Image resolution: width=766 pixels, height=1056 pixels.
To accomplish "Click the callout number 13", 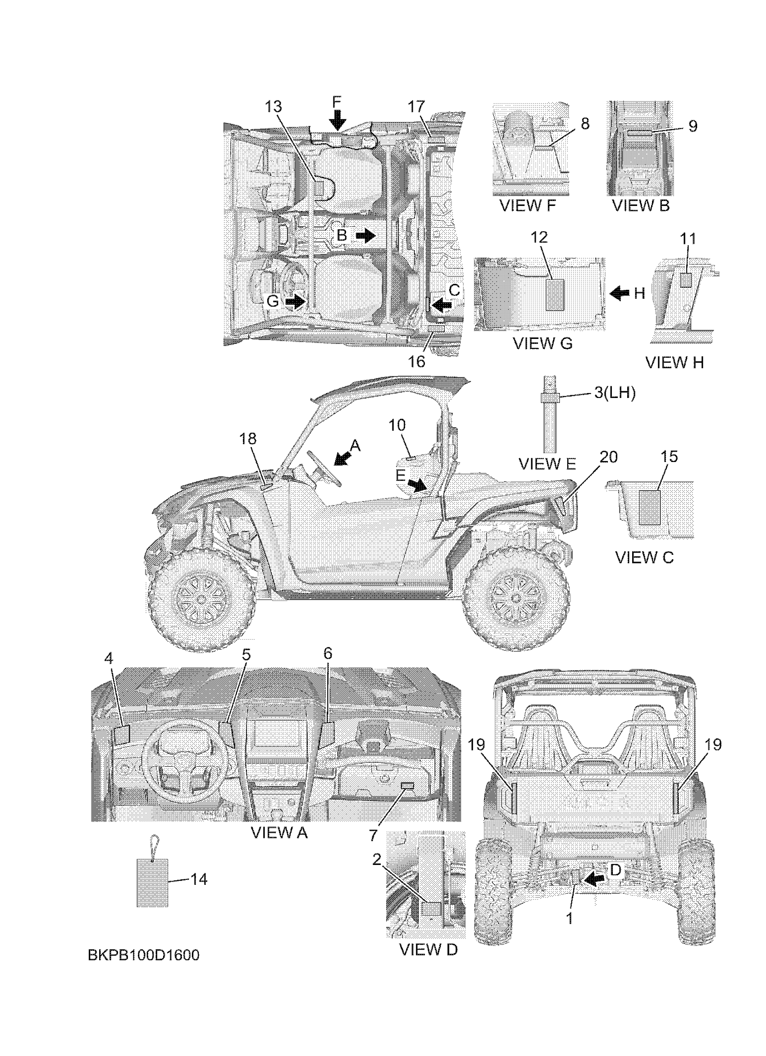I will [273, 107].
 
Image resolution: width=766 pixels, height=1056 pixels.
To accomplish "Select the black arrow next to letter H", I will [620, 293].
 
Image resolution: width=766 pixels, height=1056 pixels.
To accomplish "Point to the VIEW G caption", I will [542, 343].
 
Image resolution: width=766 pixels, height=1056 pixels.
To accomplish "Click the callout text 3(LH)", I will [614, 393].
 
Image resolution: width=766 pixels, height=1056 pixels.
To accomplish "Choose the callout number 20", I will [608, 457].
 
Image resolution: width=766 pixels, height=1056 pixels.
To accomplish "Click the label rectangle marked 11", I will [687, 280].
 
